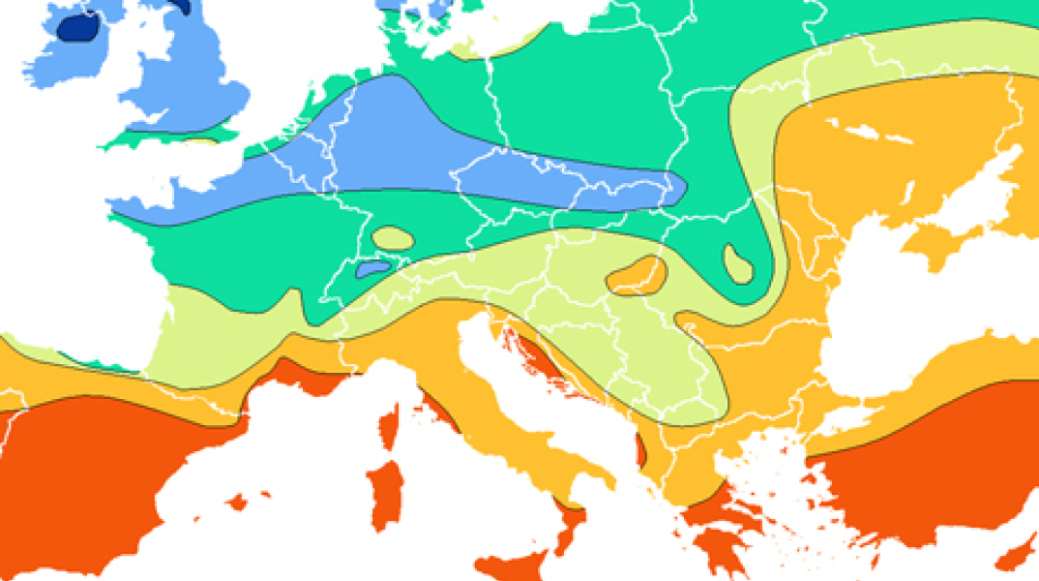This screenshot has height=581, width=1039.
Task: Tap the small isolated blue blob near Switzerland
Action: point(373,266)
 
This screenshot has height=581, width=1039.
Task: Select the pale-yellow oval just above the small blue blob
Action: point(392,237)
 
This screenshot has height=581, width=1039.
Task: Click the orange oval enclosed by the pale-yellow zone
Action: point(637,276)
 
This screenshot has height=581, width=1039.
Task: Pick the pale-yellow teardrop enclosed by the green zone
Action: point(738,263)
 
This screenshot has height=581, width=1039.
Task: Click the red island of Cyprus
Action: point(1016,556)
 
